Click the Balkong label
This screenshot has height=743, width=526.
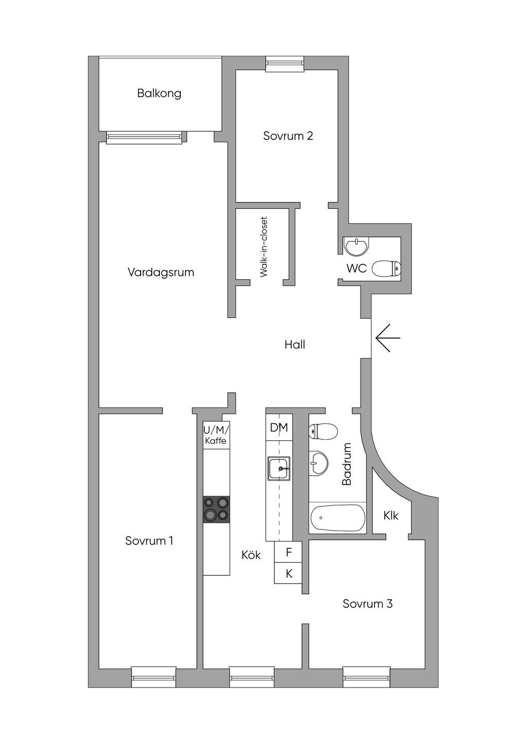coord(159,93)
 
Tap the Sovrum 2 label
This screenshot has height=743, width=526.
coord(288,136)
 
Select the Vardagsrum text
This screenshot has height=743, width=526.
coord(161,272)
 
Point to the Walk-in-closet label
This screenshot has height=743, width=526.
coord(264,247)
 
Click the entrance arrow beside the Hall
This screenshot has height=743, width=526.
coord(388,338)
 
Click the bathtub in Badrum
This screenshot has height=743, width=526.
coord(337,518)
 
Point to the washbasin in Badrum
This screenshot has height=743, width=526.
coord(318,463)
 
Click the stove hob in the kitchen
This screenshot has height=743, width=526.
coord(216,510)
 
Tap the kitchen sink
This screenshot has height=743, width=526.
coord(279,468)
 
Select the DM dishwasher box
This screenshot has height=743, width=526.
coord(279,427)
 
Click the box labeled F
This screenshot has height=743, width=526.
coord(288,552)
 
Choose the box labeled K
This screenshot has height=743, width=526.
coord(288,574)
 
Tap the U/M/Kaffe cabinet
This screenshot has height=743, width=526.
coord(216,435)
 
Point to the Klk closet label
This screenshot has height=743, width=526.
coord(390,516)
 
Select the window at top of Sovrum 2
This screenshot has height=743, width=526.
coord(285,64)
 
